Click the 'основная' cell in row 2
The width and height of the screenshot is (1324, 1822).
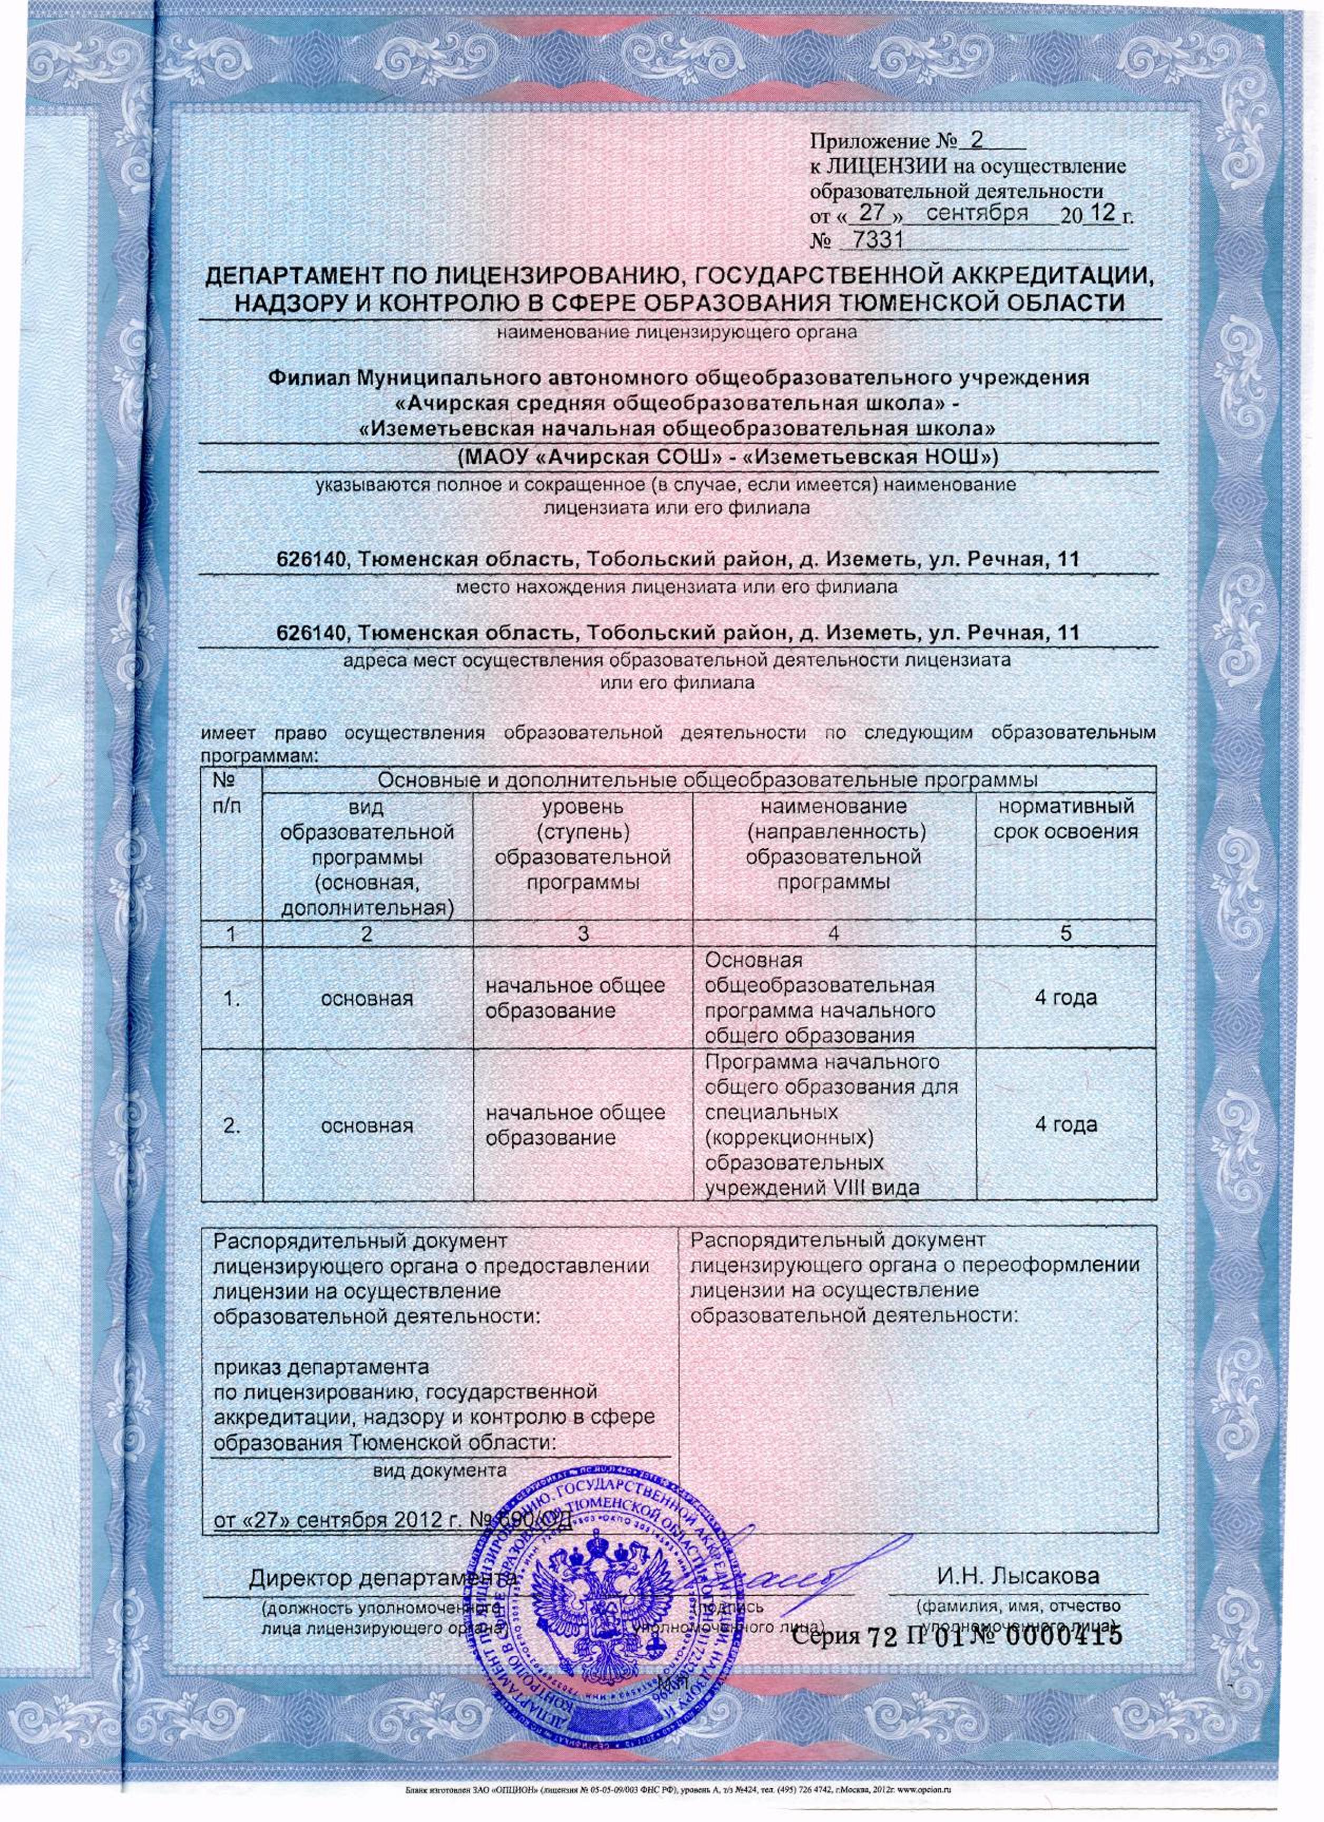pyautogui.click(x=367, y=1126)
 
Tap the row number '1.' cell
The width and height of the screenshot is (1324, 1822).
pyautogui.click(x=231, y=1000)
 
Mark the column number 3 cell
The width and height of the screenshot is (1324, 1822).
pyautogui.click(x=583, y=934)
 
